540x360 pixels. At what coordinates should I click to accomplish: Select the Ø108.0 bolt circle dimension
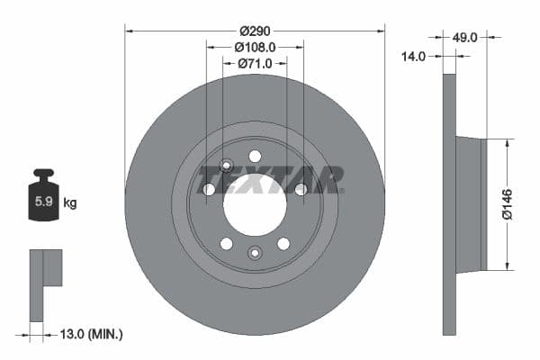(x=255, y=46)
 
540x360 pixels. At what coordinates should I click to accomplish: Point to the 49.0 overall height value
(x=464, y=38)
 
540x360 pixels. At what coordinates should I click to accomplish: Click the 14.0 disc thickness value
(x=415, y=56)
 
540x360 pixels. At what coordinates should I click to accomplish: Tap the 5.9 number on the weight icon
(x=42, y=202)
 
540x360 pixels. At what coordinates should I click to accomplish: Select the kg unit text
(x=70, y=203)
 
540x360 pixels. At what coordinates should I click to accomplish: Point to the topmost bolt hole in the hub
(x=255, y=156)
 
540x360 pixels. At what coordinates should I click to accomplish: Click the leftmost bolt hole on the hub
(x=210, y=189)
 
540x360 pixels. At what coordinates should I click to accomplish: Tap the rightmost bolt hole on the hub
(x=301, y=189)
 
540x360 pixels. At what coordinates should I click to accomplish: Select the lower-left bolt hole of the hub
(x=227, y=243)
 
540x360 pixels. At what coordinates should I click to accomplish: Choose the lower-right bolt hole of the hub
(x=283, y=243)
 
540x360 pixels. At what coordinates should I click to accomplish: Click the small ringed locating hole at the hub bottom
(x=255, y=253)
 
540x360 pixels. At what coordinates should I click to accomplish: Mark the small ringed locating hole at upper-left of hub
(x=226, y=166)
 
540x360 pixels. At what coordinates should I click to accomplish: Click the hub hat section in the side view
(x=471, y=204)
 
